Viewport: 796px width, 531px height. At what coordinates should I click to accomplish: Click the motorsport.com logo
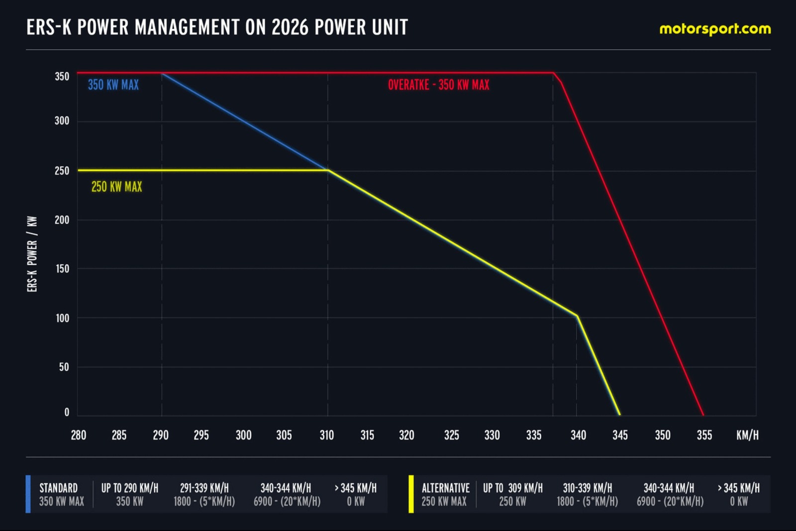tap(715, 29)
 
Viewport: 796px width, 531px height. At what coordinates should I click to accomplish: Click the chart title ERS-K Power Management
tap(217, 27)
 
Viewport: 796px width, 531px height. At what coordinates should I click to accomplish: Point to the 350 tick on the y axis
tap(62, 77)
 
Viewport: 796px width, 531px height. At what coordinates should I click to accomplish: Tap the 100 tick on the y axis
tap(62, 318)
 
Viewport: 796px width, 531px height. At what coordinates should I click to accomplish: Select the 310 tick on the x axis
tap(326, 435)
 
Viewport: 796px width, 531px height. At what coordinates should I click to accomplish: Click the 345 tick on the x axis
tap(620, 435)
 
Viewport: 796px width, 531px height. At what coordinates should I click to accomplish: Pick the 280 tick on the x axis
tap(79, 435)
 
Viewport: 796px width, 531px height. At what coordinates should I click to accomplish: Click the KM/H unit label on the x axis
tap(747, 435)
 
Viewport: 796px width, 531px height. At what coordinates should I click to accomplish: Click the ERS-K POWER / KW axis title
tap(32, 254)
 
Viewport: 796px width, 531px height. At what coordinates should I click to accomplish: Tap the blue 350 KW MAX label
tap(113, 85)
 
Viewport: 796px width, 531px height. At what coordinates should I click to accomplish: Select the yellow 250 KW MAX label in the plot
tap(116, 187)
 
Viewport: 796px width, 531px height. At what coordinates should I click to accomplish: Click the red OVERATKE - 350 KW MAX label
tap(438, 85)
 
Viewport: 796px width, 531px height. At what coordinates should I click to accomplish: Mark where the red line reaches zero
tap(703, 415)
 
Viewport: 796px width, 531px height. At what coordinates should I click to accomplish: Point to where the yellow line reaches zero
tap(620, 415)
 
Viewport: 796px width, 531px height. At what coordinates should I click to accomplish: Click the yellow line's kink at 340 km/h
tap(577, 316)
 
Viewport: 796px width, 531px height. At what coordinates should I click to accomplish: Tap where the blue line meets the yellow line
tap(328, 170)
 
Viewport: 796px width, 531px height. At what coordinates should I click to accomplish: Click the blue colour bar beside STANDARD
tap(28, 494)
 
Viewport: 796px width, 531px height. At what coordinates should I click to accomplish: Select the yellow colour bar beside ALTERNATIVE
tap(411, 494)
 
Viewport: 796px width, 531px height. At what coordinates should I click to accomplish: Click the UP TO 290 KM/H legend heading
tap(130, 488)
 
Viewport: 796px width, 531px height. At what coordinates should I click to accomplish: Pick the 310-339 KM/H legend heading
tap(588, 488)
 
